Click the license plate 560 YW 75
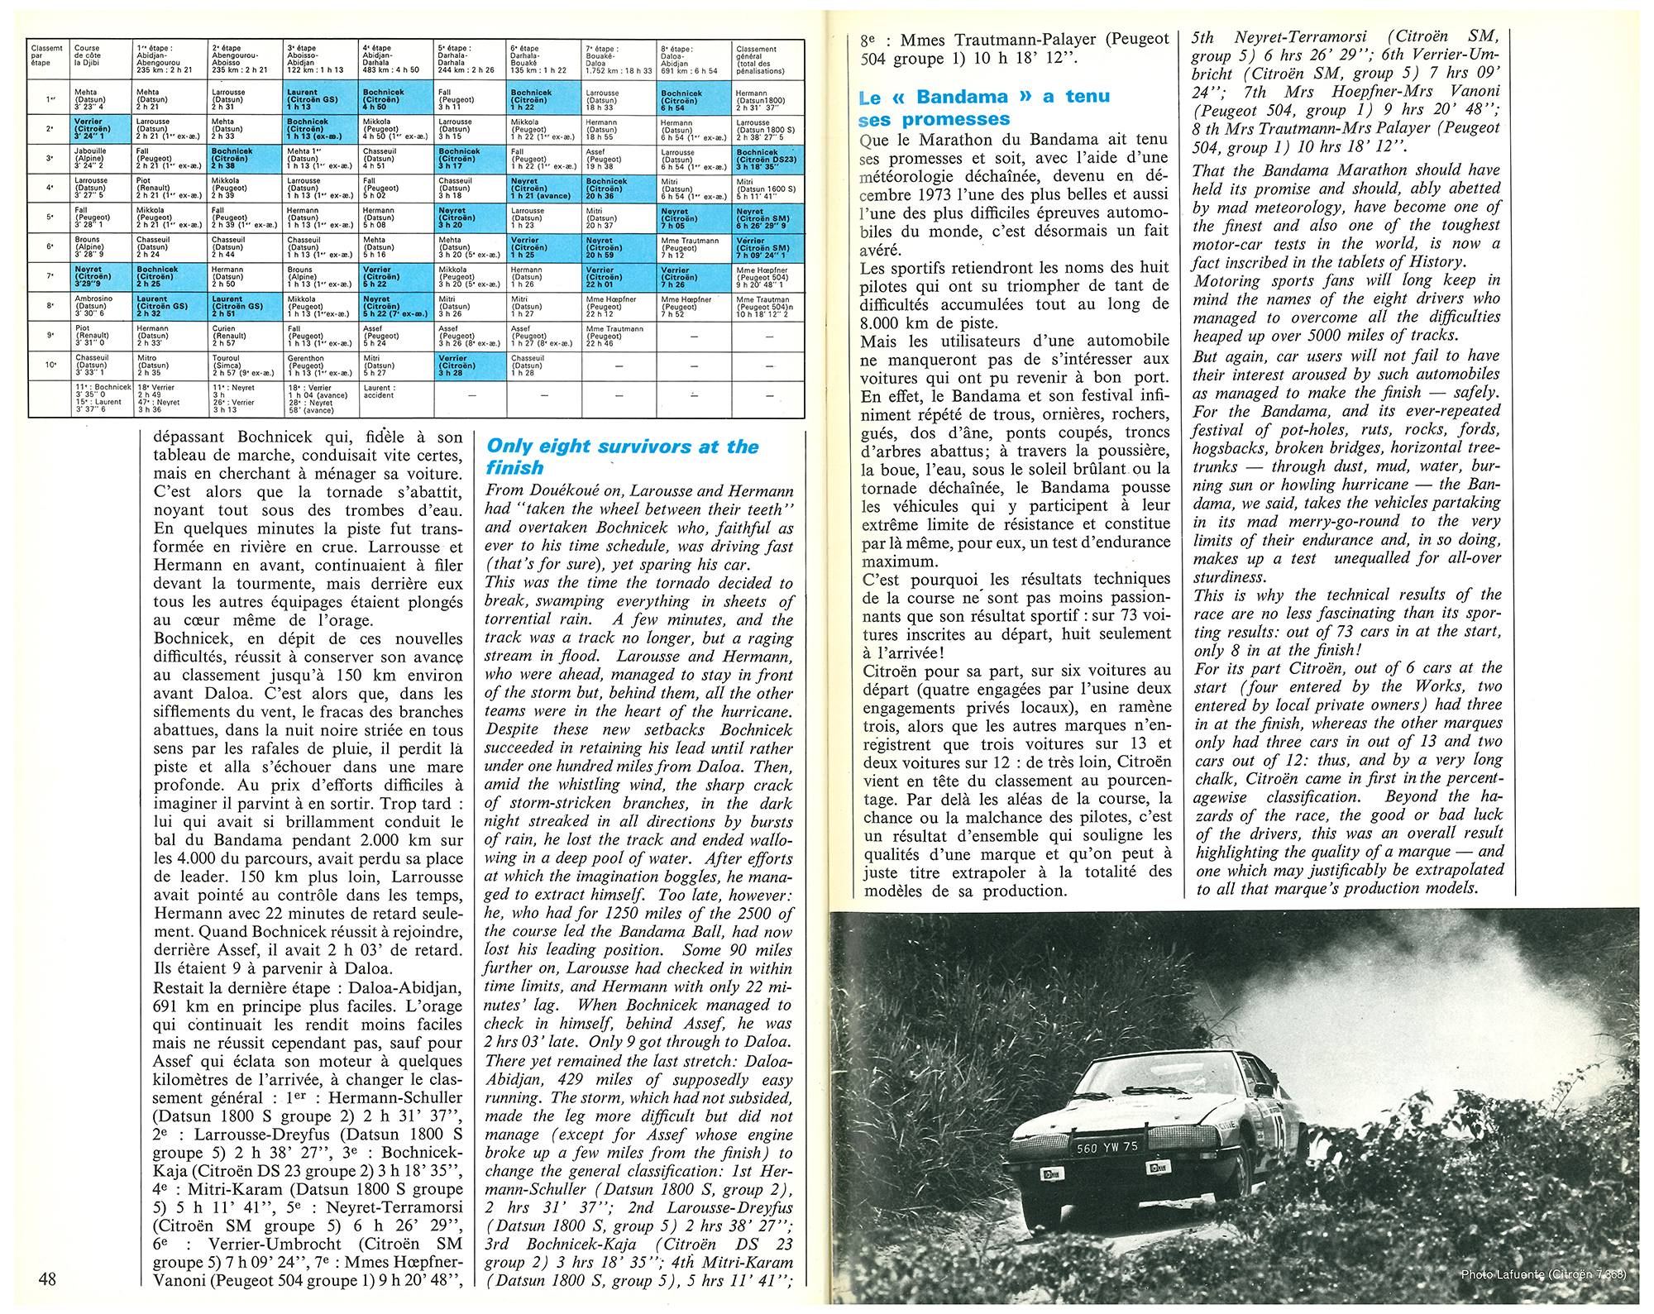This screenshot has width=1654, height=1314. point(1107,1147)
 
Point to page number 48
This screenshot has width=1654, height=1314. point(48,1278)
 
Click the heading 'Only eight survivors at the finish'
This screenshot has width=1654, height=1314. point(622,456)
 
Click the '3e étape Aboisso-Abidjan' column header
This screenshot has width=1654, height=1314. point(322,60)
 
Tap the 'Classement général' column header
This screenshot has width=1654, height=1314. point(768,60)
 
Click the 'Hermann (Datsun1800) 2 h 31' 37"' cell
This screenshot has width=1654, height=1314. point(768,99)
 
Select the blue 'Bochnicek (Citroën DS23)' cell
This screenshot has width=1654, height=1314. point(768,159)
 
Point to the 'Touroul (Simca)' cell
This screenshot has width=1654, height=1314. point(246,365)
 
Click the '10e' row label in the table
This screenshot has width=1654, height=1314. point(50,365)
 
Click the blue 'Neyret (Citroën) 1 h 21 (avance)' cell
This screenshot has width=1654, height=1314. point(543,189)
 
